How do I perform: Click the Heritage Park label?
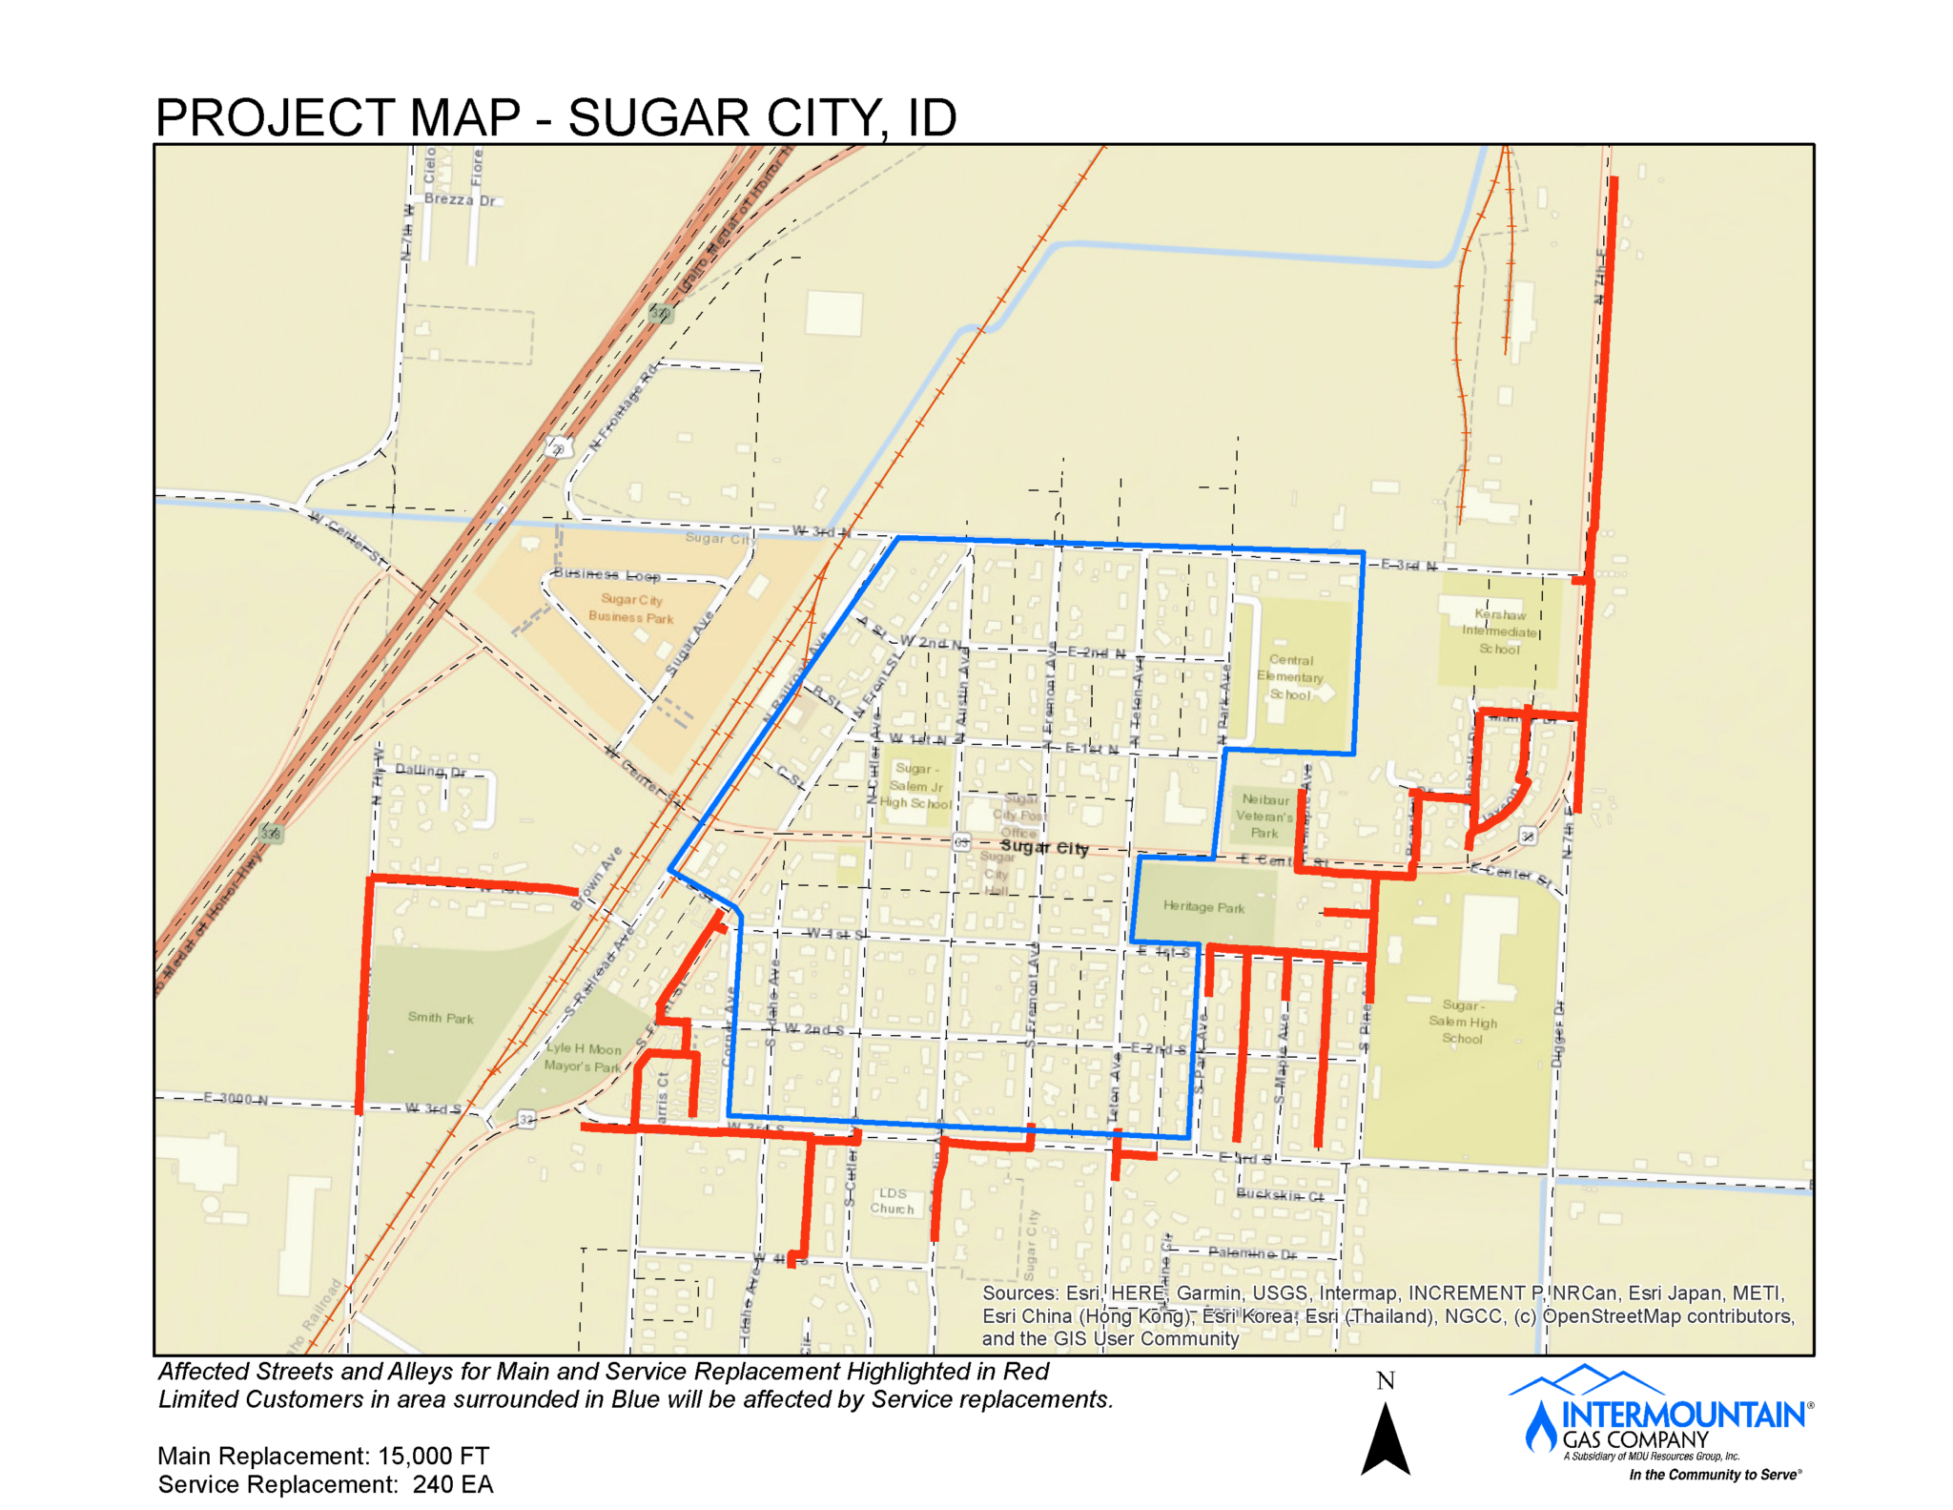(1203, 907)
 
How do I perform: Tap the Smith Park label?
(441, 1018)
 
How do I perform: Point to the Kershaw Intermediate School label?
(1499, 631)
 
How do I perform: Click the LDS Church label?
(892, 1201)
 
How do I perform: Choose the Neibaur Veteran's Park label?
(1264, 817)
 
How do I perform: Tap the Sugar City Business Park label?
(630, 609)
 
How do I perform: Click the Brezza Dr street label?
(461, 199)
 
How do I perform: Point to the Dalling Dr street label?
(431, 771)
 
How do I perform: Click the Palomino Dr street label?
(1252, 1252)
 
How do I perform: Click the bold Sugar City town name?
(1044, 847)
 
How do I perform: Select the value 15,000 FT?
(434, 1456)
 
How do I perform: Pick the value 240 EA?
(453, 1484)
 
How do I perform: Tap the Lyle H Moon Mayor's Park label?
(583, 1057)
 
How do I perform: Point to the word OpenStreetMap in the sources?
(1619, 1316)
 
